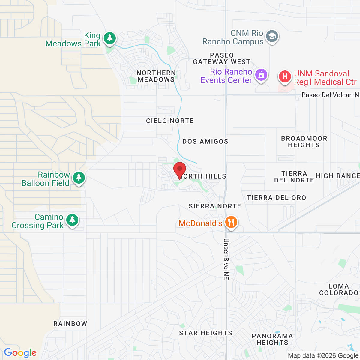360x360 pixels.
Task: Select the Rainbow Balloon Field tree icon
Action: (79, 178)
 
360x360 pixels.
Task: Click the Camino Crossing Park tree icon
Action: (72, 220)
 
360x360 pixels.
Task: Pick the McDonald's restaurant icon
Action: (231, 223)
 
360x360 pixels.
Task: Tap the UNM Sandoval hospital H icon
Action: (285, 76)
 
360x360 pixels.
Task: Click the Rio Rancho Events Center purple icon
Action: (261, 75)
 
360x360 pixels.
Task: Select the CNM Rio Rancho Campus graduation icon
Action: (272, 36)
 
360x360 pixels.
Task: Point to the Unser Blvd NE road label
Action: (226, 259)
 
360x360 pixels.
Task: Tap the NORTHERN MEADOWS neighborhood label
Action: (156, 76)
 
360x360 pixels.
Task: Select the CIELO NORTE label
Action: (170, 121)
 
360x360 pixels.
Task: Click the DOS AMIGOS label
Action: (205, 141)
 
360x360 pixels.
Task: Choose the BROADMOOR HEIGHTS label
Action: (304, 142)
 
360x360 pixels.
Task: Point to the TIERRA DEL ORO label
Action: (276, 198)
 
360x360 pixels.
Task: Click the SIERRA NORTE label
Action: (215, 206)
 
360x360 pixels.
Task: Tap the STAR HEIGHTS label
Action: (205, 333)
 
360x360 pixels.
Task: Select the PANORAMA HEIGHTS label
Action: (272, 339)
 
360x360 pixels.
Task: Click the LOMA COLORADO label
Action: (339, 289)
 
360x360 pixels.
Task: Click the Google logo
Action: (20, 353)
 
